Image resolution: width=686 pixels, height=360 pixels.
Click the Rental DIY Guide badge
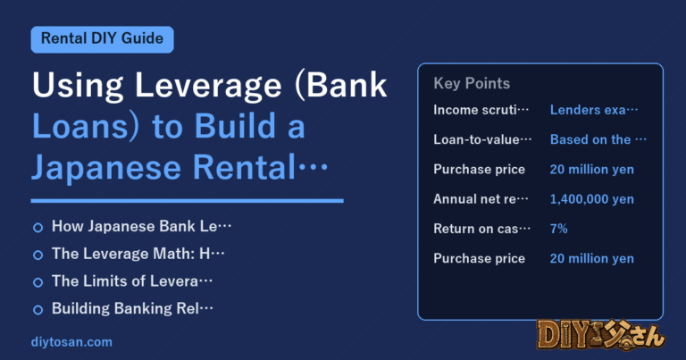[103, 39]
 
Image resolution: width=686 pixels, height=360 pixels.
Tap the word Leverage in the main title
[208, 86]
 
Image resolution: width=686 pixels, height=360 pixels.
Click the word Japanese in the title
[106, 169]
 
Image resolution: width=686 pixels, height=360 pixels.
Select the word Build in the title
[235, 127]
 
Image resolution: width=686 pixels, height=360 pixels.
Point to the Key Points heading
[472, 83]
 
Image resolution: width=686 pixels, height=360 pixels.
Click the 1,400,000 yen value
[591, 199]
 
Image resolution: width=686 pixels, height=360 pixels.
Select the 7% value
[558, 229]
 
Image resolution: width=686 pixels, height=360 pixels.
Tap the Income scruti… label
[481, 110]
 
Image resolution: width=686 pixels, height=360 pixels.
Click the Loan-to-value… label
[482, 139]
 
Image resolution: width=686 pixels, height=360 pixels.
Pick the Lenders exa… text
[594, 110]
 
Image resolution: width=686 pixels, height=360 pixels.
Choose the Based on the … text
[598, 139]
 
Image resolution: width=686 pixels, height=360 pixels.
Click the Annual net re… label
[481, 199]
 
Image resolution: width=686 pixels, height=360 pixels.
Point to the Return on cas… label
[481, 229]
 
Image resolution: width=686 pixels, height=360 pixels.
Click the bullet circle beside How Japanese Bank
[38, 228]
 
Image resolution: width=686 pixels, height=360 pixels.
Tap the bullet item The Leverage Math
[138, 254]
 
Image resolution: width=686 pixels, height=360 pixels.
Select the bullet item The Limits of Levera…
[131, 281]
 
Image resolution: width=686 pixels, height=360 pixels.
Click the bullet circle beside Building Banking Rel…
[38, 310]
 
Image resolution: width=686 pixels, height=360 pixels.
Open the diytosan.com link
[71, 342]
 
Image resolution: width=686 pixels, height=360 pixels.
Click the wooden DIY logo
[600, 335]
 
